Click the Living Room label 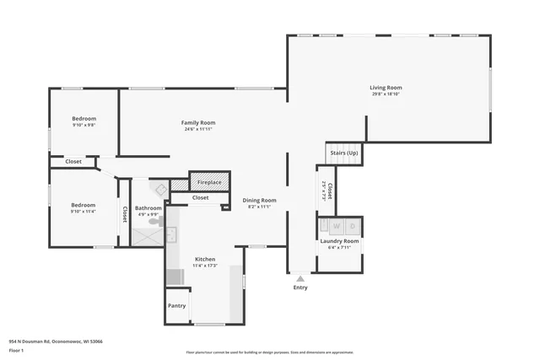coord(386,87)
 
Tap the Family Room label coord(198,122)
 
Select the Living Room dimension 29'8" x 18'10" coord(386,94)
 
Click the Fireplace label coord(209,182)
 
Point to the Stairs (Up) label coord(343,153)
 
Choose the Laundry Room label coord(339,241)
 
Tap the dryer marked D coord(352,226)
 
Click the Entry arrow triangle coord(300,277)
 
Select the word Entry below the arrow coord(300,287)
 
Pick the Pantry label coord(176,305)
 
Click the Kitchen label coord(205,259)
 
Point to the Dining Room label coord(259,200)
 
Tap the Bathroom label coord(148,207)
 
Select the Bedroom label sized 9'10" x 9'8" coord(83,118)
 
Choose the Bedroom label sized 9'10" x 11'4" coord(83,205)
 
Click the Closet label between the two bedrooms coord(73,161)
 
